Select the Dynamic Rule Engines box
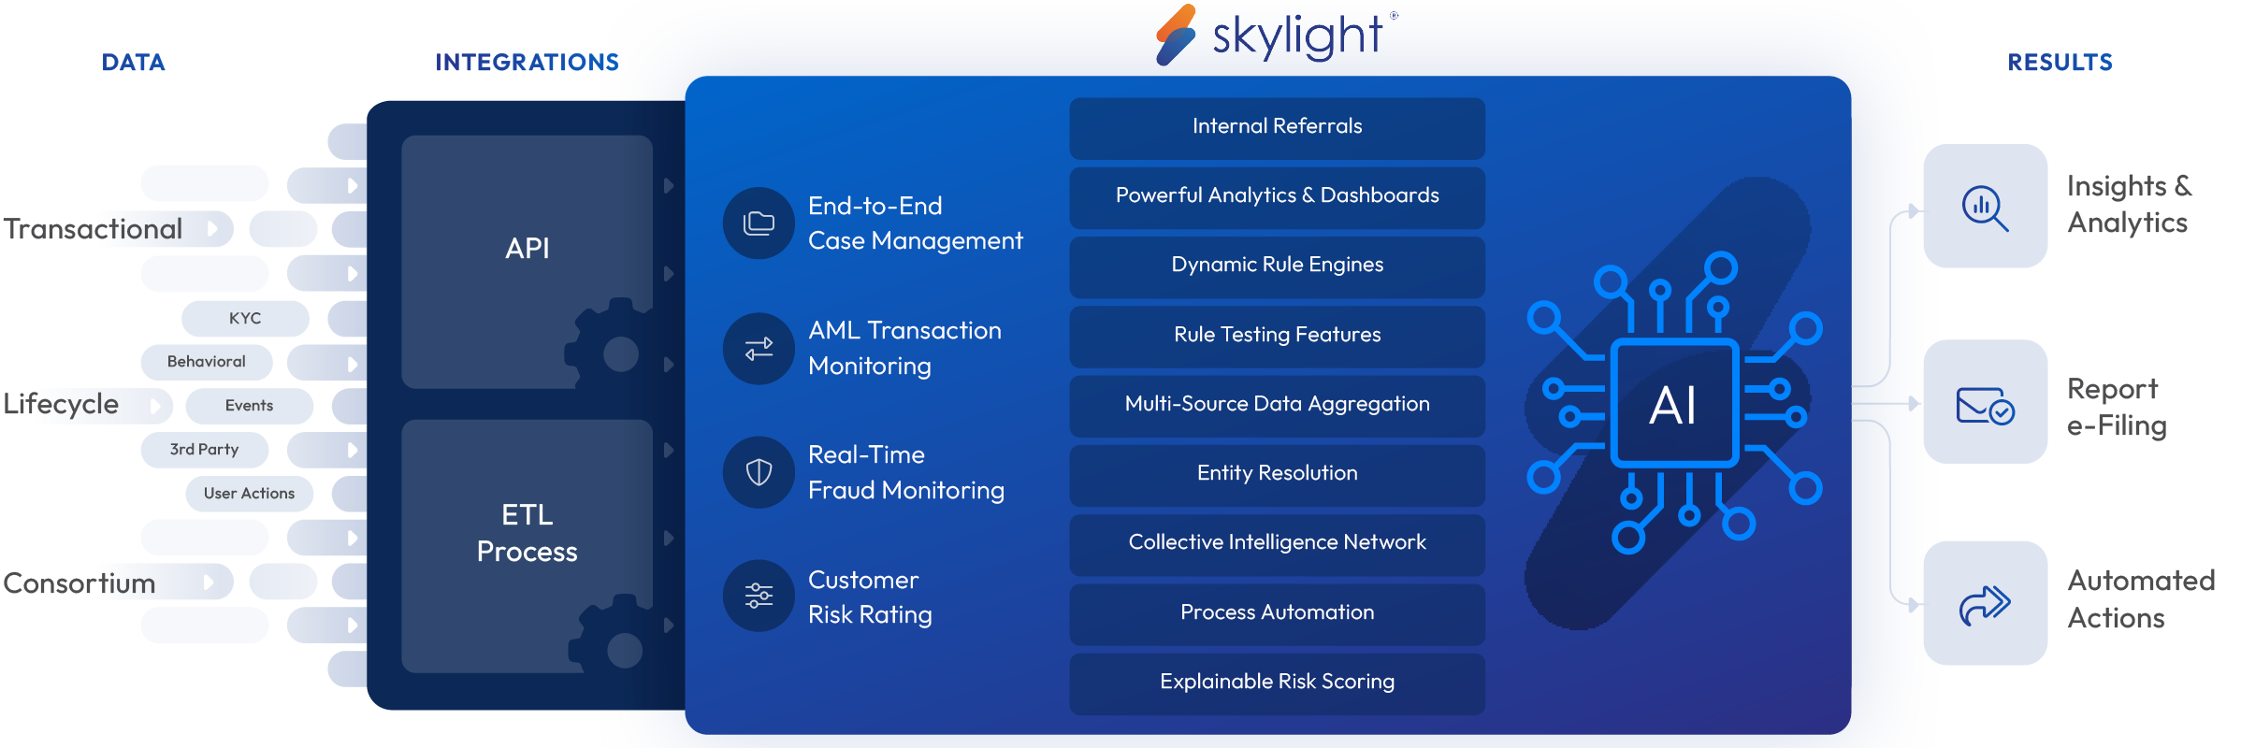[1277, 266]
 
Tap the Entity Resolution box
[1277, 474]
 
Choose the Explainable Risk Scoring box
[1277, 683]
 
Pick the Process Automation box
[1277, 613]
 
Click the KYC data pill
[245, 319]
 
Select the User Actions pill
[249, 494]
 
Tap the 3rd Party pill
[204, 450]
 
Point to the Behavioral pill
[207, 362]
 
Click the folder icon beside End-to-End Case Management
[759, 223]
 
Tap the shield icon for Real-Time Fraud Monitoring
[759, 472]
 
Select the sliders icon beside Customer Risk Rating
[759, 596]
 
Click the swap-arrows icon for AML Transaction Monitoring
[759, 349]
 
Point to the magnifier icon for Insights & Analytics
[1985, 208]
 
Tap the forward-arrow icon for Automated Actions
[1985, 605]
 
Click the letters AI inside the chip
[1673, 406]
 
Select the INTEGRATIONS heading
[527, 63]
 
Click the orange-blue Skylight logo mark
[1176, 35]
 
